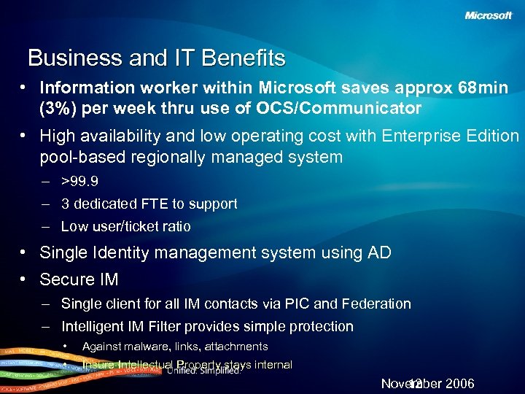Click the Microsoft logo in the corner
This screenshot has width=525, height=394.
489,16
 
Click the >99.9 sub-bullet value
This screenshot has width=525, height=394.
80,182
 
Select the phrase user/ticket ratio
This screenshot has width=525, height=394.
144,227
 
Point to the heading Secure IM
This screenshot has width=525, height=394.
79,279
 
